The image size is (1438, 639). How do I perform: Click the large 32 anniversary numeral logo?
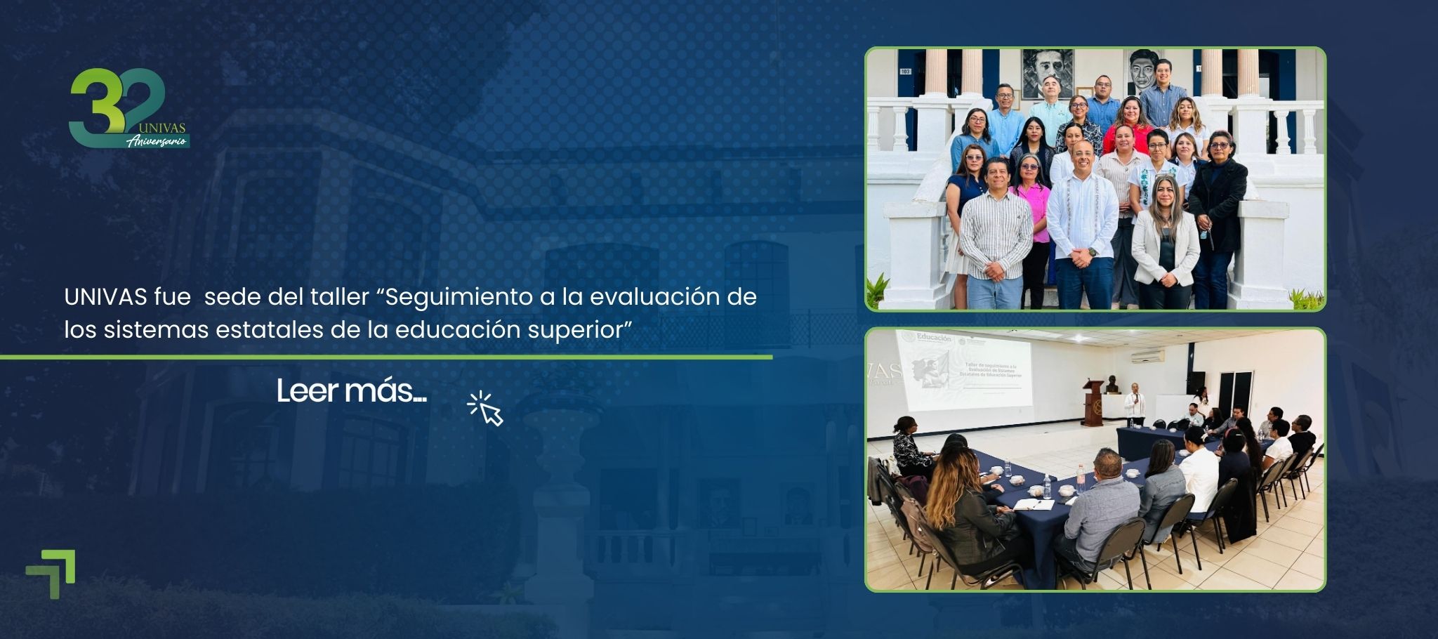click(116, 105)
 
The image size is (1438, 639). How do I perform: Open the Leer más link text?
click(351, 391)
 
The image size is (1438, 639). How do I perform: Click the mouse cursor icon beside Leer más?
click(486, 409)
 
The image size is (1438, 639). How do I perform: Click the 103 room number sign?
click(905, 72)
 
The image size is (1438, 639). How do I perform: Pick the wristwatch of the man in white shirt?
click(1093, 250)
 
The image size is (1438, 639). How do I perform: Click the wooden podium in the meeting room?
click(1093, 404)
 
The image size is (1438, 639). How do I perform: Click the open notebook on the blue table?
click(1034, 504)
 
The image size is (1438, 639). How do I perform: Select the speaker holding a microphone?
click(1134, 403)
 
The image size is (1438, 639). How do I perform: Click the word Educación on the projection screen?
click(934, 338)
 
